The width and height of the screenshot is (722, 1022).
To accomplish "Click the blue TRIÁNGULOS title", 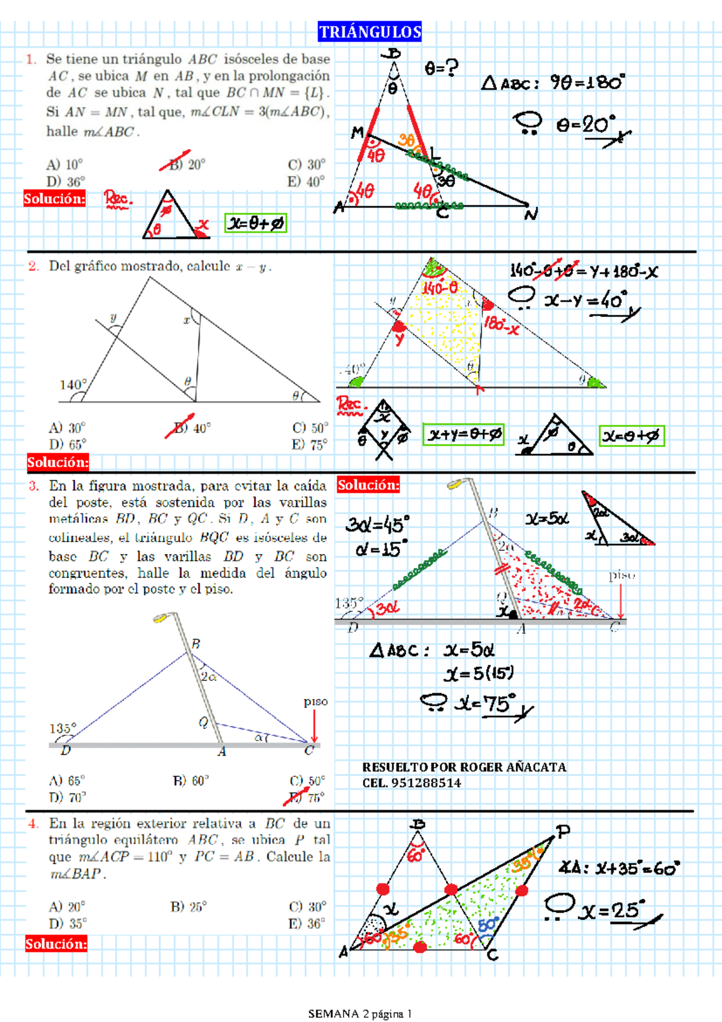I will [x=369, y=32].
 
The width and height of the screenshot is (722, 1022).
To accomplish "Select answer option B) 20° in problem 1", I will [x=187, y=164].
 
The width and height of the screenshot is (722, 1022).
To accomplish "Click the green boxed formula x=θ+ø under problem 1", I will [x=255, y=223].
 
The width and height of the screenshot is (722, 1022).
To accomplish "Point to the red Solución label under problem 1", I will [x=54, y=199].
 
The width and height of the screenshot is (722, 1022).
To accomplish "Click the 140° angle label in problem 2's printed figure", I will [x=73, y=384].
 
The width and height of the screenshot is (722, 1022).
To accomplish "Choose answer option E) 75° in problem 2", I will [x=309, y=445].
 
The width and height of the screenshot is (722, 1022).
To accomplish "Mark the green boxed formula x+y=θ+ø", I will [x=464, y=434].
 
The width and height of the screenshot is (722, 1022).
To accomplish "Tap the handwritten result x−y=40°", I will [x=586, y=300].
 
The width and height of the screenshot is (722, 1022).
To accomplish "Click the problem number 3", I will [x=34, y=485].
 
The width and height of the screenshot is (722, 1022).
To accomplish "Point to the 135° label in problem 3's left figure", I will [x=63, y=728].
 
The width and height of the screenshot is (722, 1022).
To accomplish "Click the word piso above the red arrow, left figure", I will [x=315, y=701].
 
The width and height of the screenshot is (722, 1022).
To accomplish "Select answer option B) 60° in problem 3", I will [x=190, y=781].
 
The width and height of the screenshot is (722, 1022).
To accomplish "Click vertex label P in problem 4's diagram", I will [x=563, y=831].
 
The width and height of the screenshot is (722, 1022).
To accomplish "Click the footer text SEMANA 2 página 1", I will [x=360, y=1014].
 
